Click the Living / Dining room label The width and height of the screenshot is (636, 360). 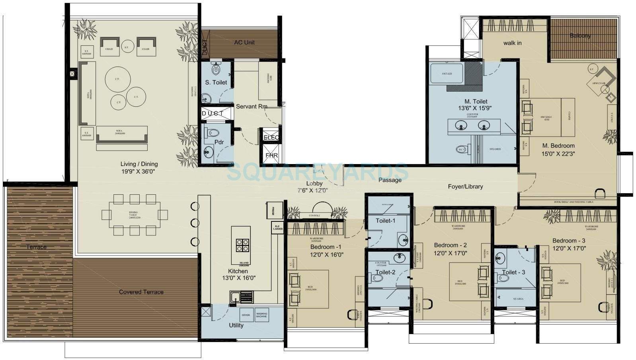pos(139,164)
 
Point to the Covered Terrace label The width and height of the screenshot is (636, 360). pos(141,292)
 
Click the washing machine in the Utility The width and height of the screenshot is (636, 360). pos(261,315)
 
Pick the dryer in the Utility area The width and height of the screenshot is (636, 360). pos(246,315)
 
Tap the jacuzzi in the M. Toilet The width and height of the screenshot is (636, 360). pos(446,73)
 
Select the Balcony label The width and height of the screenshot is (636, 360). pos(580,36)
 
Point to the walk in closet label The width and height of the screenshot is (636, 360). pos(512,43)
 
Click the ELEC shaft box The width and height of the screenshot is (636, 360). pos(271,137)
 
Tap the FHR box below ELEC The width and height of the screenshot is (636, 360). pos(271,155)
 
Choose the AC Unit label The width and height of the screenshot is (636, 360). pos(244,43)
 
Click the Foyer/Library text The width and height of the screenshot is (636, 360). pos(465,186)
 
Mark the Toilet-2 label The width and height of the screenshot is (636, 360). pos(385,272)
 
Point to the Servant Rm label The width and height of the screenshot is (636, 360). pos(251,107)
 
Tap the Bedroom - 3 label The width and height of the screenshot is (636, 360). pos(568,241)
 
